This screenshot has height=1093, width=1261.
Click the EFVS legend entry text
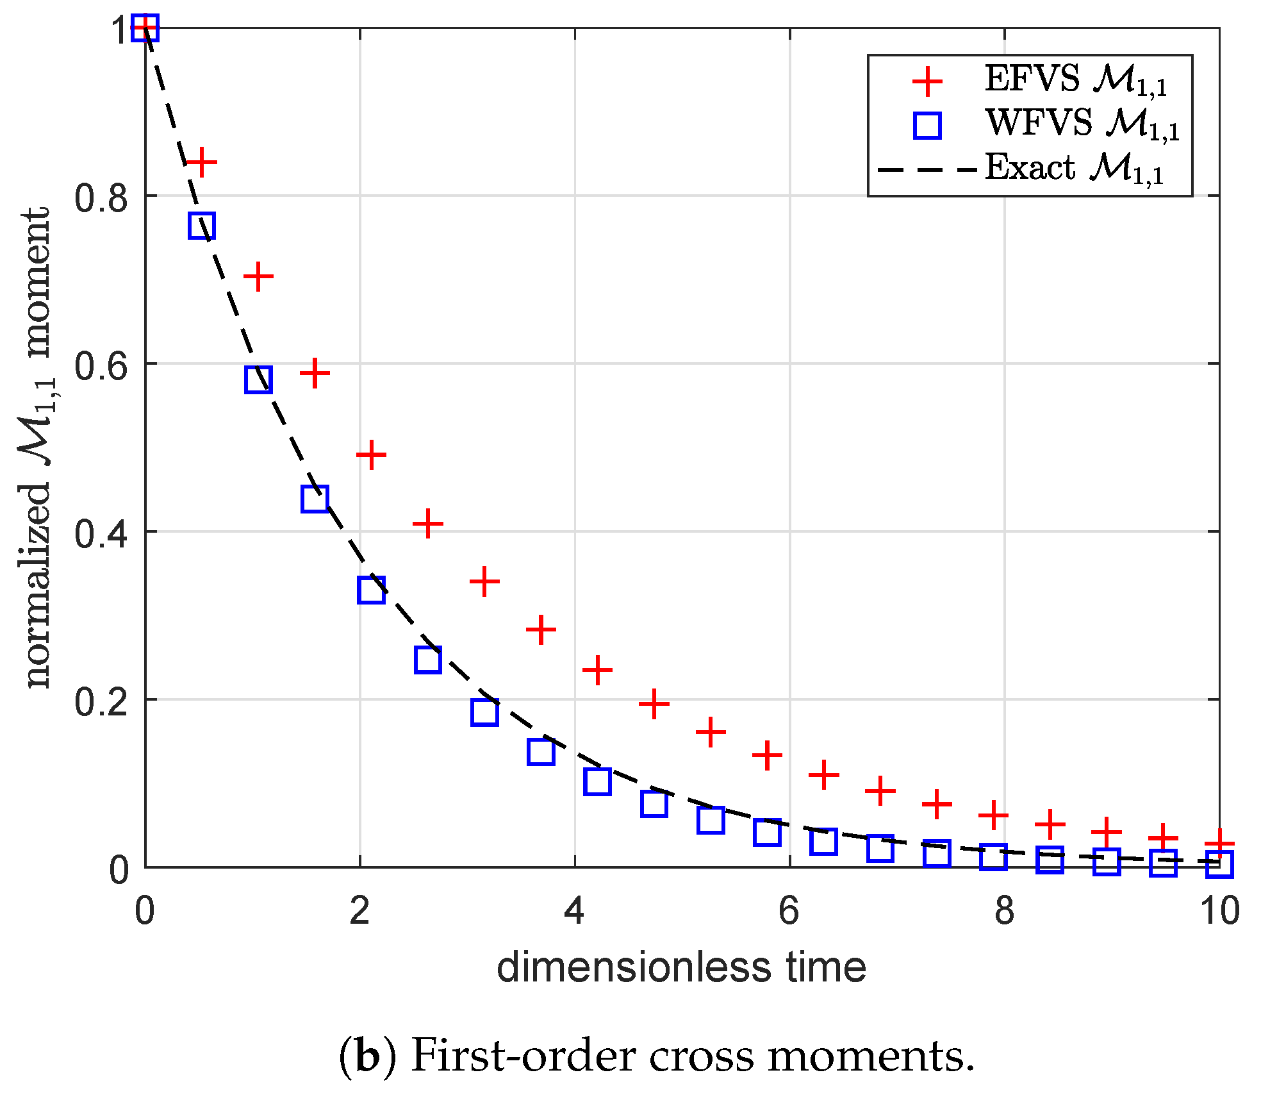[x=1075, y=81]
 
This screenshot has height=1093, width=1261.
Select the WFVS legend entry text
[x=1082, y=124]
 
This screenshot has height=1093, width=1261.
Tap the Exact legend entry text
[x=1074, y=169]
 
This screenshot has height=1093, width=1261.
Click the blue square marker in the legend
[x=927, y=125]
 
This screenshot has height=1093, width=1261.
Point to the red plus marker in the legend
[x=927, y=81]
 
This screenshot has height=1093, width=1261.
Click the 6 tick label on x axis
[x=789, y=911]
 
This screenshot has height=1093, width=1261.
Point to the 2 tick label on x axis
[x=359, y=911]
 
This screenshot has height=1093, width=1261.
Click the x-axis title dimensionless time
[x=681, y=968]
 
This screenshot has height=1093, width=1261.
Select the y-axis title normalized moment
[x=37, y=447]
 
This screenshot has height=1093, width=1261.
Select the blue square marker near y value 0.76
[x=202, y=226]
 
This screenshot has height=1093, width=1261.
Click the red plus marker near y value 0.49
[x=371, y=455]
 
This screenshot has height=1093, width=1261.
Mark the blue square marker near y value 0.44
[x=315, y=498]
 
